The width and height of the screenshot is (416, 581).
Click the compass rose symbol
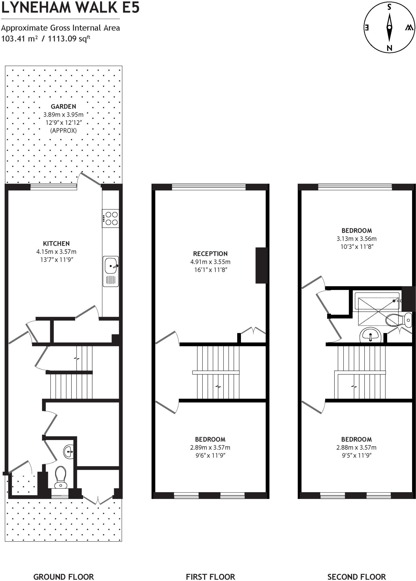point(389,28)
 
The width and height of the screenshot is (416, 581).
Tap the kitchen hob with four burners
point(111,218)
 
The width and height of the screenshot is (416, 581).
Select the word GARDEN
point(63,107)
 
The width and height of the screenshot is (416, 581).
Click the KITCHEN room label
point(56,243)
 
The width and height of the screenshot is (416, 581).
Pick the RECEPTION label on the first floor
point(210,254)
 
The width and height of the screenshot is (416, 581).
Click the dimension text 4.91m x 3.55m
point(210,262)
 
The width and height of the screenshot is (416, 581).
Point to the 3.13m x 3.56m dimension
point(356,239)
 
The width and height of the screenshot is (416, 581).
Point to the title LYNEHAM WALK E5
point(70,8)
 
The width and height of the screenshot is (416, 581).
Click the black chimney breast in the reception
point(262,265)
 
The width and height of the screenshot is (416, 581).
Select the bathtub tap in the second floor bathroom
point(396,300)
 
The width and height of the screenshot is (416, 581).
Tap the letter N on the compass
point(389,48)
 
